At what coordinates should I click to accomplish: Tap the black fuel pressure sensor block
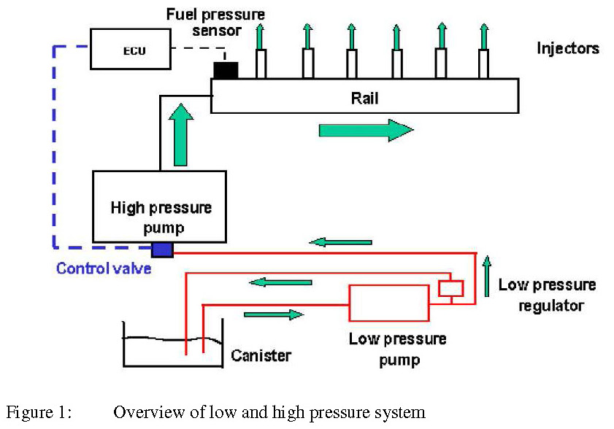click(x=225, y=69)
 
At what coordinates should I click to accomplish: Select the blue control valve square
click(x=162, y=250)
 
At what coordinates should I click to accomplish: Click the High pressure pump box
click(x=159, y=207)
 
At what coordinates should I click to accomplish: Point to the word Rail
click(x=364, y=98)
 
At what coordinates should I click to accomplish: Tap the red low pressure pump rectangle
click(x=389, y=303)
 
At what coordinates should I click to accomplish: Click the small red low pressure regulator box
click(x=450, y=288)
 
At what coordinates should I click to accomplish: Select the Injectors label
click(x=568, y=49)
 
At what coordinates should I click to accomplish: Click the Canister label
click(x=261, y=355)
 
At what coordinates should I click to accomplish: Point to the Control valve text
click(x=104, y=268)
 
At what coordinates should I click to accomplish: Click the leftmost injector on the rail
click(x=261, y=63)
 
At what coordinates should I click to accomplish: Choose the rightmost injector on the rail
click(x=484, y=63)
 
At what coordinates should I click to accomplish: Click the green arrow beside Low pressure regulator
click(x=486, y=276)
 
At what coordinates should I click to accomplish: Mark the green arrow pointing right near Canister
click(x=273, y=314)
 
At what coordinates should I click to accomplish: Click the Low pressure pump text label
click(x=397, y=349)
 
